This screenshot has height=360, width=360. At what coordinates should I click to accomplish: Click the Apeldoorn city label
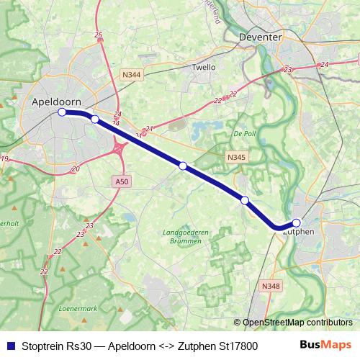(57, 102)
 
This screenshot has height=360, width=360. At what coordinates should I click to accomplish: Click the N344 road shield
(132, 74)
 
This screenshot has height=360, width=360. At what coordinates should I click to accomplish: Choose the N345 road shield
(235, 156)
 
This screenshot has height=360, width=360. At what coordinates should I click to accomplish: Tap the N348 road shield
(270, 287)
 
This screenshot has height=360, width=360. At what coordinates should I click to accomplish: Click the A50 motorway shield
(122, 182)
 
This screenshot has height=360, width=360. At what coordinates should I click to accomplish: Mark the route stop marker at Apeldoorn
(62, 112)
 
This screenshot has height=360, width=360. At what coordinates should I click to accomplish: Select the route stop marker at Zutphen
(297, 223)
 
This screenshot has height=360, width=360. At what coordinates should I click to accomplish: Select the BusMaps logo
(326, 345)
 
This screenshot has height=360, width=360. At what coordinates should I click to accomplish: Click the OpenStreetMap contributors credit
(297, 323)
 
